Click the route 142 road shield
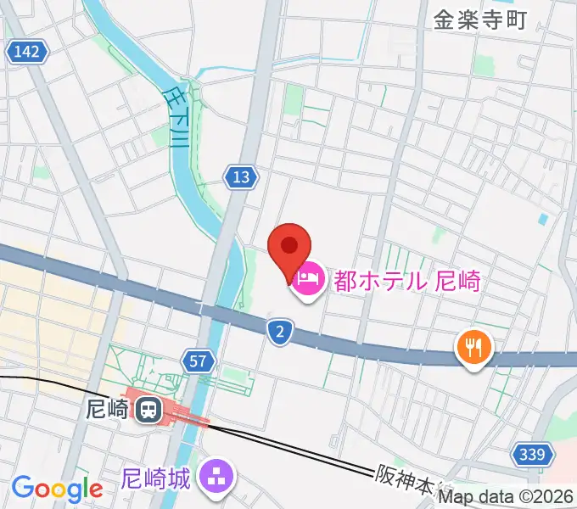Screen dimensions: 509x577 pos(26,53)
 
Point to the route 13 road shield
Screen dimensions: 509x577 pos(241,176)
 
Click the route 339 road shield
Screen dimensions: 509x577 pos(531,456)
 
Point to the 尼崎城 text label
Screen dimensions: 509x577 pos(154,479)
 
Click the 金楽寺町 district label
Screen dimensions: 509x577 pos(480,20)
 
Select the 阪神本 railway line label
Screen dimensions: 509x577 pos(403,482)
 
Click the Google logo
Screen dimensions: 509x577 pos(57,489)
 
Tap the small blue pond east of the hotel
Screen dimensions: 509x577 pos(543,220)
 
